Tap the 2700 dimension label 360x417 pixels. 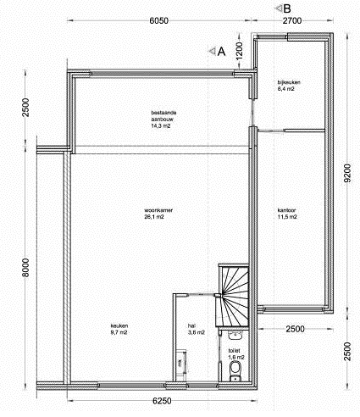tap(293, 20)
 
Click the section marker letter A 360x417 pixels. tap(221, 51)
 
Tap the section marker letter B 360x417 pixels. tap(289, 7)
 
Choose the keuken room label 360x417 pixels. tap(119, 326)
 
